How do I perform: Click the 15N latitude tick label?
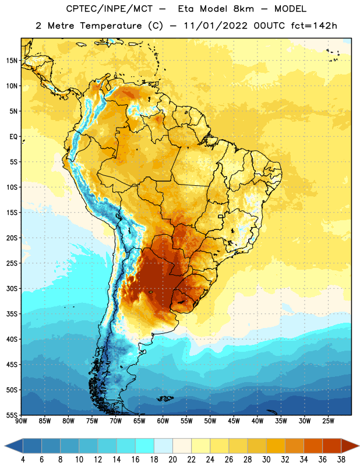click(12, 61)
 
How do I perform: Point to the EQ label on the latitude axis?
click(13, 137)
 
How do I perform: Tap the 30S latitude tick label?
click(12, 288)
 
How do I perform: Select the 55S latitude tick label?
click(12, 415)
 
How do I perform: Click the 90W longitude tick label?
click(21, 421)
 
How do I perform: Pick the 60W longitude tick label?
click(163, 421)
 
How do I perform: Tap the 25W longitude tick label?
click(328, 421)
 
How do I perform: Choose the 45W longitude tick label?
click(234, 421)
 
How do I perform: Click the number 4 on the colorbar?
click(23, 460)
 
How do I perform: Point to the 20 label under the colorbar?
click(172, 460)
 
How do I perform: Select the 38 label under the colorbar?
click(341, 460)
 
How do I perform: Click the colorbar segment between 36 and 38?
click(332, 446)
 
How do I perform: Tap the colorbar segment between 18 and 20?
click(163, 446)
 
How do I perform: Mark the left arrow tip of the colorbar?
click(5, 446)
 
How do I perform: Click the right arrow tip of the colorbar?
click(359, 446)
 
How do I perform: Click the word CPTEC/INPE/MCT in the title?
click(109, 9)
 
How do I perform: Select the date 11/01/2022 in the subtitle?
click(216, 26)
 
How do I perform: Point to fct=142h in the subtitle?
click(314, 26)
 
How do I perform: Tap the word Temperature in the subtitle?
click(111, 26)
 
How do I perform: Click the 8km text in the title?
click(243, 9)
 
